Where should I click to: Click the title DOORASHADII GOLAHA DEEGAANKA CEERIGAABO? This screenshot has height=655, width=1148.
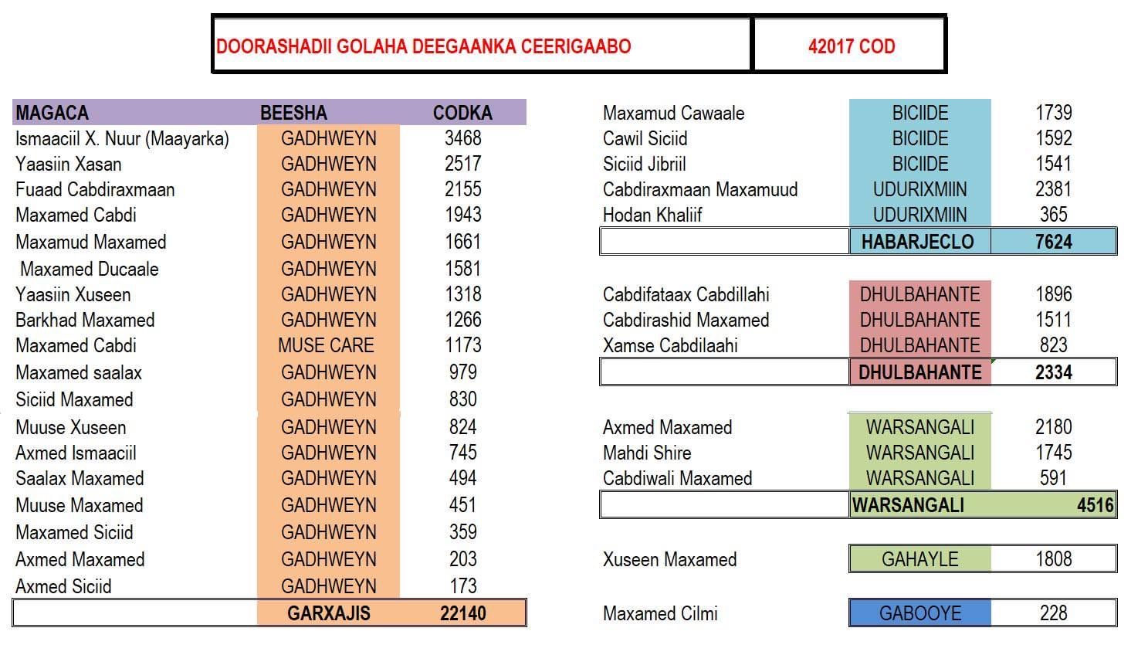pyautogui.click(x=423, y=46)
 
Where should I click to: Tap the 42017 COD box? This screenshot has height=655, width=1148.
pyautogui.click(x=851, y=46)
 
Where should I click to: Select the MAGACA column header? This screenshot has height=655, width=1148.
pyautogui.click(x=52, y=113)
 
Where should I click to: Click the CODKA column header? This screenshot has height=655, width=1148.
pyautogui.click(x=462, y=113)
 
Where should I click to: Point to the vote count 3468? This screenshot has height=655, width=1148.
pyautogui.click(x=462, y=138)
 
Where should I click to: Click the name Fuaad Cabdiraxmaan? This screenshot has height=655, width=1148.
pyautogui.click(x=95, y=189)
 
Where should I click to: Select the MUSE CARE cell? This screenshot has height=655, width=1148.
pyautogui.click(x=326, y=345)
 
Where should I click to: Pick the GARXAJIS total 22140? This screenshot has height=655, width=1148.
pyautogui.click(x=462, y=613)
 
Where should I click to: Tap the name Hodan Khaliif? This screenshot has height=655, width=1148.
pyautogui.click(x=652, y=215)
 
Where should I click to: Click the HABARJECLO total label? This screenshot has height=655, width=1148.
pyautogui.click(x=917, y=242)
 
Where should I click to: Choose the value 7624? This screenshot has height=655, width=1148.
pyautogui.click(x=1053, y=242)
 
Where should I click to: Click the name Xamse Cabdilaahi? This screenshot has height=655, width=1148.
pyautogui.click(x=670, y=345)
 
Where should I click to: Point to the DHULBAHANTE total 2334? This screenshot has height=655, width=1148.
pyautogui.click(x=1053, y=372)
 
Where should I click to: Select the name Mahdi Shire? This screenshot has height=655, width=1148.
pyautogui.click(x=647, y=453)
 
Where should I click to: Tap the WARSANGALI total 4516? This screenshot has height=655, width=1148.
pyautogui.click(x=1095, y=505)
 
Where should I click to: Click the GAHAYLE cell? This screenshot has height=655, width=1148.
pyautogui.click(x=919, y=559)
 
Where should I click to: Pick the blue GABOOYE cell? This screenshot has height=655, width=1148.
pyautogui.click(x=919, y=613)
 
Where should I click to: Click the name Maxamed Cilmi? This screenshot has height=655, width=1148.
pyautogui.click(x=660, y=613)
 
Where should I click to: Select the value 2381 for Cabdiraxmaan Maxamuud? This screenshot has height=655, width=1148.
pyautogui.click(x=1053, y=189)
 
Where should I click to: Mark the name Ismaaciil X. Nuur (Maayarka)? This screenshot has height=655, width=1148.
pyautogui.click(x=122, y=138)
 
